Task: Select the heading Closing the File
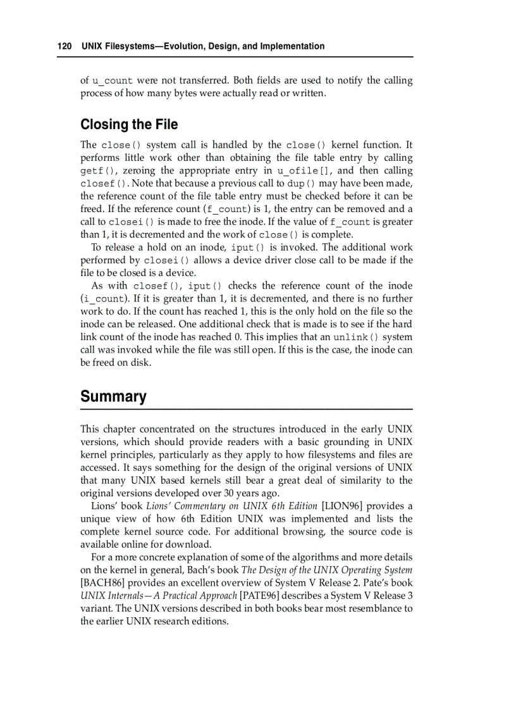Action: [129, 124]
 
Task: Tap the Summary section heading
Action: [113, 396]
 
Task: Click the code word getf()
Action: [99, 171]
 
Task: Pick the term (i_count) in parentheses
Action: [102, 299]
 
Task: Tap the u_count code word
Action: [113, 81]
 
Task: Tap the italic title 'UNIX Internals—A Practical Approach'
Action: [158, 595]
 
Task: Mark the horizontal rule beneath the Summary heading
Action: [247, 410]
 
